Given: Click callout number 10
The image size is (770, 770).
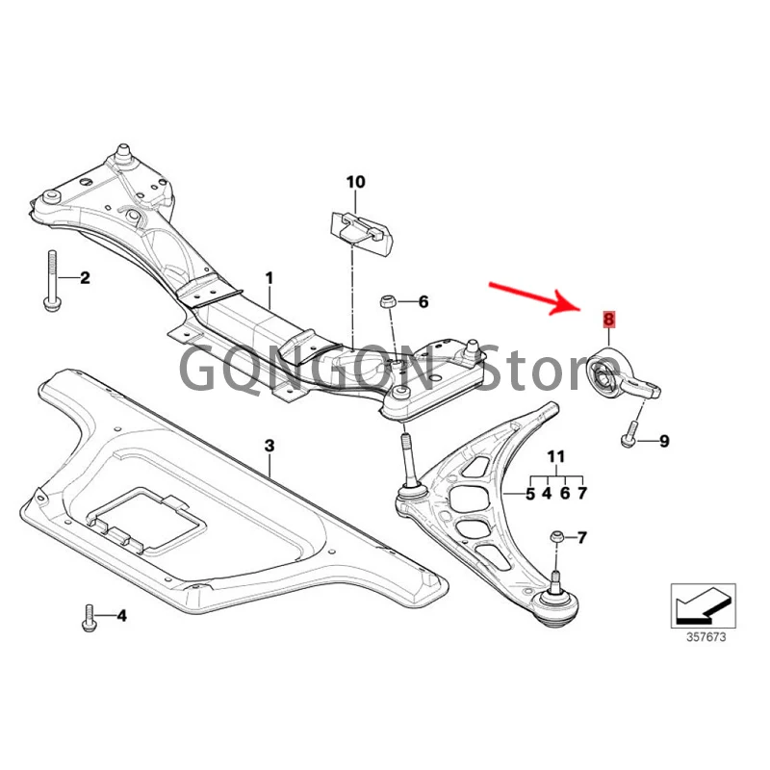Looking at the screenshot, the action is click(355, 181).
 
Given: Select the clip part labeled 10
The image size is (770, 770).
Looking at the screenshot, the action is click(358, 229).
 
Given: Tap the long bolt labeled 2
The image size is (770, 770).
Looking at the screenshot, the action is click(51, 279).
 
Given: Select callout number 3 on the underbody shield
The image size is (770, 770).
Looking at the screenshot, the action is click(270, 446).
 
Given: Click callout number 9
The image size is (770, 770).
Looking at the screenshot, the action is click(663, 441).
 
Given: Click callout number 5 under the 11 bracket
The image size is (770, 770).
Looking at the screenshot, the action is click(529, 493).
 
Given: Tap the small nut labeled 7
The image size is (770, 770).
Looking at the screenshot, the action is click(555, 536).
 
